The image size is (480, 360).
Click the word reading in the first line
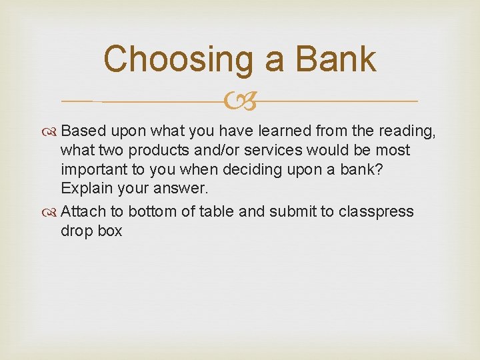pyautogui.click(x=409, y=131)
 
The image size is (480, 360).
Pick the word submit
pyautogui.click(x=290, y=212)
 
